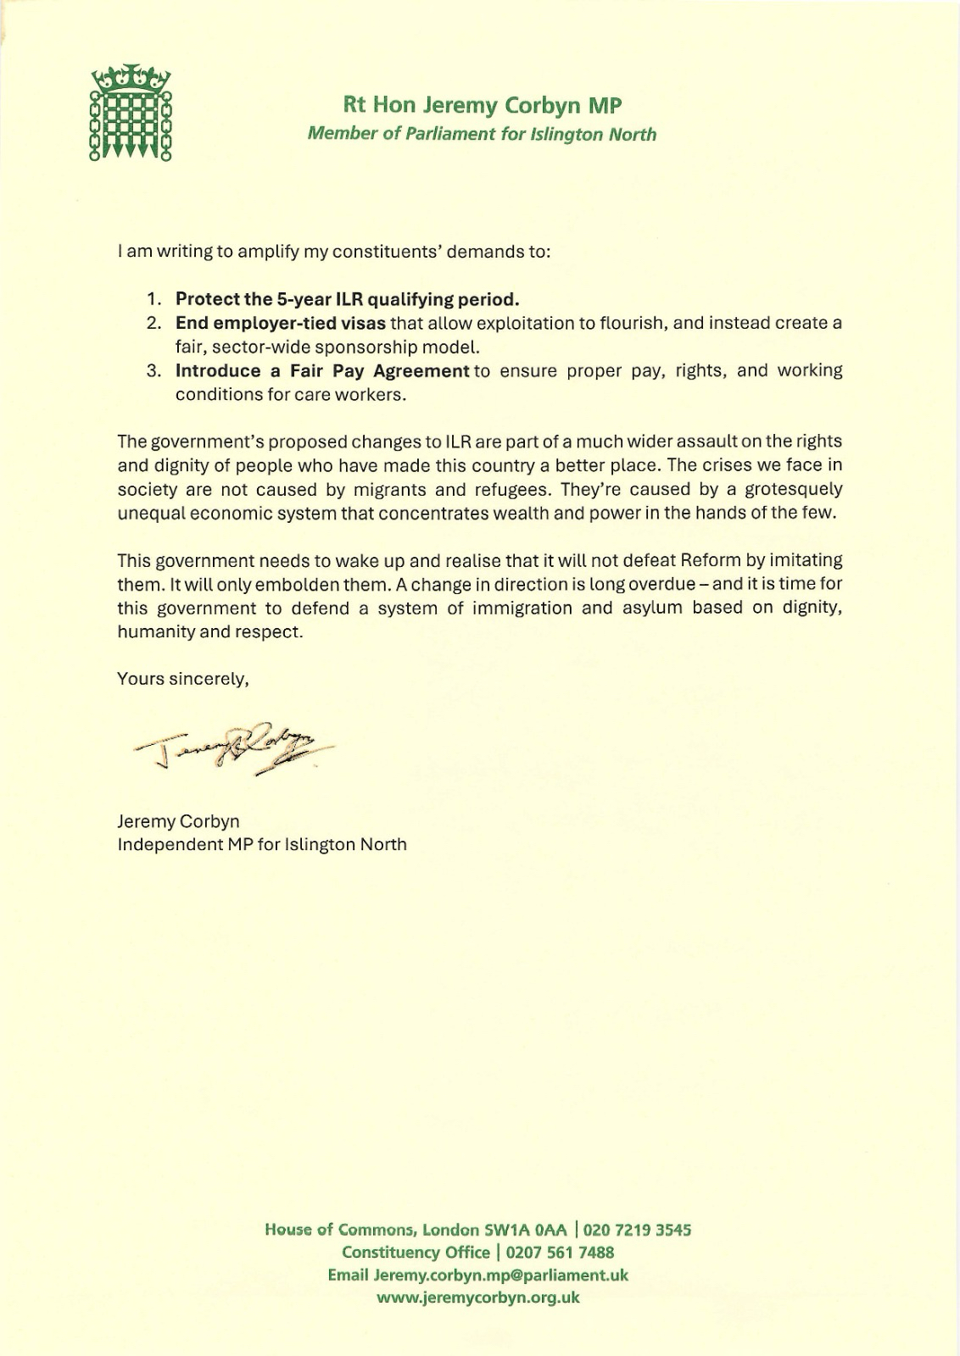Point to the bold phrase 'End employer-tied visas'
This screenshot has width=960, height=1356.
[x=281, y=323]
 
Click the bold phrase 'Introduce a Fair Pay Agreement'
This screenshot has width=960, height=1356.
[x=322, y=370]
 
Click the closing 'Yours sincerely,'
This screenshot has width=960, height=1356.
[x=183, y=679]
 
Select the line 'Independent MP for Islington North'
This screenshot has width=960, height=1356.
[x=262, y=844]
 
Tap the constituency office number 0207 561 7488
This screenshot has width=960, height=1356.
[x=560, y=1253]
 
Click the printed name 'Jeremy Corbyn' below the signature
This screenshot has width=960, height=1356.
[x=178, y=821]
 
